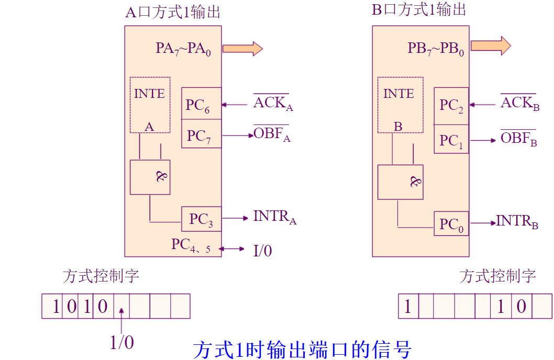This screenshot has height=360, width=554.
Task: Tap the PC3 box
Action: (x=201, y=219)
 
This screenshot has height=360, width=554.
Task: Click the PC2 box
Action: (x=451, y=106)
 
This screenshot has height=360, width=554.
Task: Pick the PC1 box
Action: (x=451, y=139)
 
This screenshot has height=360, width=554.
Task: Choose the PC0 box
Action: (x=451, y=224)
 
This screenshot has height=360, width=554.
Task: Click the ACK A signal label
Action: (x=273, y=104)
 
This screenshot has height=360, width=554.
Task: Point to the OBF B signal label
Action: (x=518, y=139)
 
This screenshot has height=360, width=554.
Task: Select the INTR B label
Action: (x=517, y=222)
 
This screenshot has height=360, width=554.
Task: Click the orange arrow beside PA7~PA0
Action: (x=242, y=48)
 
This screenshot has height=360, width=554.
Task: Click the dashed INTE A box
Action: (x=150, y=105)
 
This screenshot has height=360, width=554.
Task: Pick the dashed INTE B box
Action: (x=399, y=105)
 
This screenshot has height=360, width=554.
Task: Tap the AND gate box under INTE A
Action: (x=150, y=177)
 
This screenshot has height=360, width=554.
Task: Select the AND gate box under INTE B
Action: (x=400, y=182)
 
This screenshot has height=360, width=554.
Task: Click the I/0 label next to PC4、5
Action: (x=262, y=251)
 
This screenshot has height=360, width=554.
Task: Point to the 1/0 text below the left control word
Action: (x=121, y=342)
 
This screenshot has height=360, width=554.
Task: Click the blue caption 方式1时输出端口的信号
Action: (x=302, y=349)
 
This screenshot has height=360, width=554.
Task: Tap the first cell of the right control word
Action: (x=408, y=306)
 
